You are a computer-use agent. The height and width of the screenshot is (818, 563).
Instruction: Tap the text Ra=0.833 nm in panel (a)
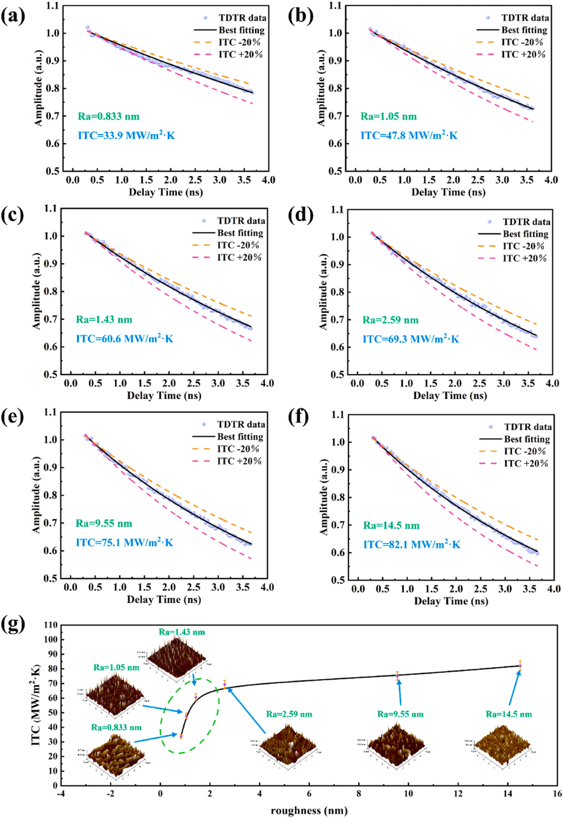(109, 116)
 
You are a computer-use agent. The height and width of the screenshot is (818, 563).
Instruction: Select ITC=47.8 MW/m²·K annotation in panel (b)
(409, 136)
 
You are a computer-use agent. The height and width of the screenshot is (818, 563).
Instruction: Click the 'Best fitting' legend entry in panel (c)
(240, 233)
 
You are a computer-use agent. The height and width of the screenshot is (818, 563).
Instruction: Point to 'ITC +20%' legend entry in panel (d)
(525, 258)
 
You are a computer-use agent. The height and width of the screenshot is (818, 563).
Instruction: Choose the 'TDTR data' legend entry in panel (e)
(240, 424)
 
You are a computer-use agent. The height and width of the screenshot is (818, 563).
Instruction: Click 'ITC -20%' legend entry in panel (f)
(525, 451)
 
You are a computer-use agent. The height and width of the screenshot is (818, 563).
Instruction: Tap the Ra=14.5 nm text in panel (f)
(391, 526)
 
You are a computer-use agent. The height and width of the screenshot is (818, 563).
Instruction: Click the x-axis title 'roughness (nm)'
(309, 811)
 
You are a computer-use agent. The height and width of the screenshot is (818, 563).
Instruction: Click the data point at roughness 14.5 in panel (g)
(520, 666)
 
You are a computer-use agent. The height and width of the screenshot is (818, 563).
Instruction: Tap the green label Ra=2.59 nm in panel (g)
(289, 714)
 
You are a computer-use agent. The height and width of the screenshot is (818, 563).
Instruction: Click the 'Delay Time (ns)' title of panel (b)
(448, 193)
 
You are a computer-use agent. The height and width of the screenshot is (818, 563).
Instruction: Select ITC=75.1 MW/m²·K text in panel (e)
(125, 542)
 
